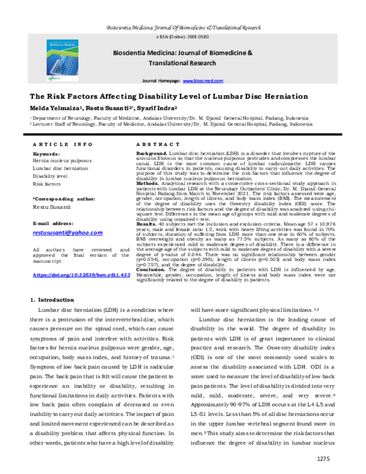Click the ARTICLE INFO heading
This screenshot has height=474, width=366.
point(60,144)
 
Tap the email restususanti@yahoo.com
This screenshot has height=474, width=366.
point(67,233)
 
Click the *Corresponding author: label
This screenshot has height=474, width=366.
point(64,199)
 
